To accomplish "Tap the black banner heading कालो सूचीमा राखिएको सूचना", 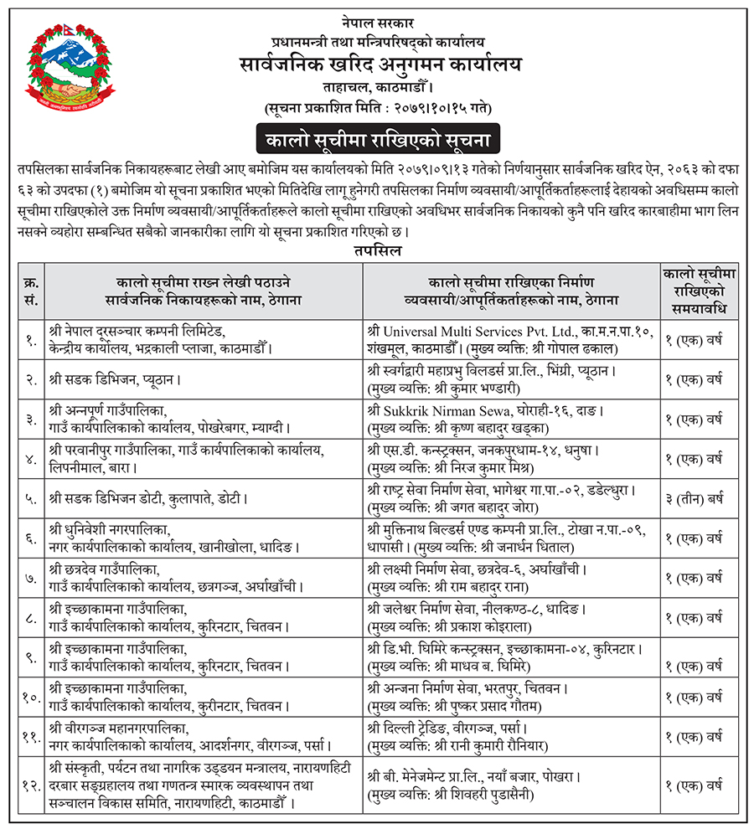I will pos(378,136).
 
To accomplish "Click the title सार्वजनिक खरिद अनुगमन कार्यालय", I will pos(378,64).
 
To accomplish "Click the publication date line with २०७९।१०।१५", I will pos(378,108).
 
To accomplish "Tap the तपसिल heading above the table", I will pos(377,251).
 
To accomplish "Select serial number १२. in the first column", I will pos(30,785).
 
